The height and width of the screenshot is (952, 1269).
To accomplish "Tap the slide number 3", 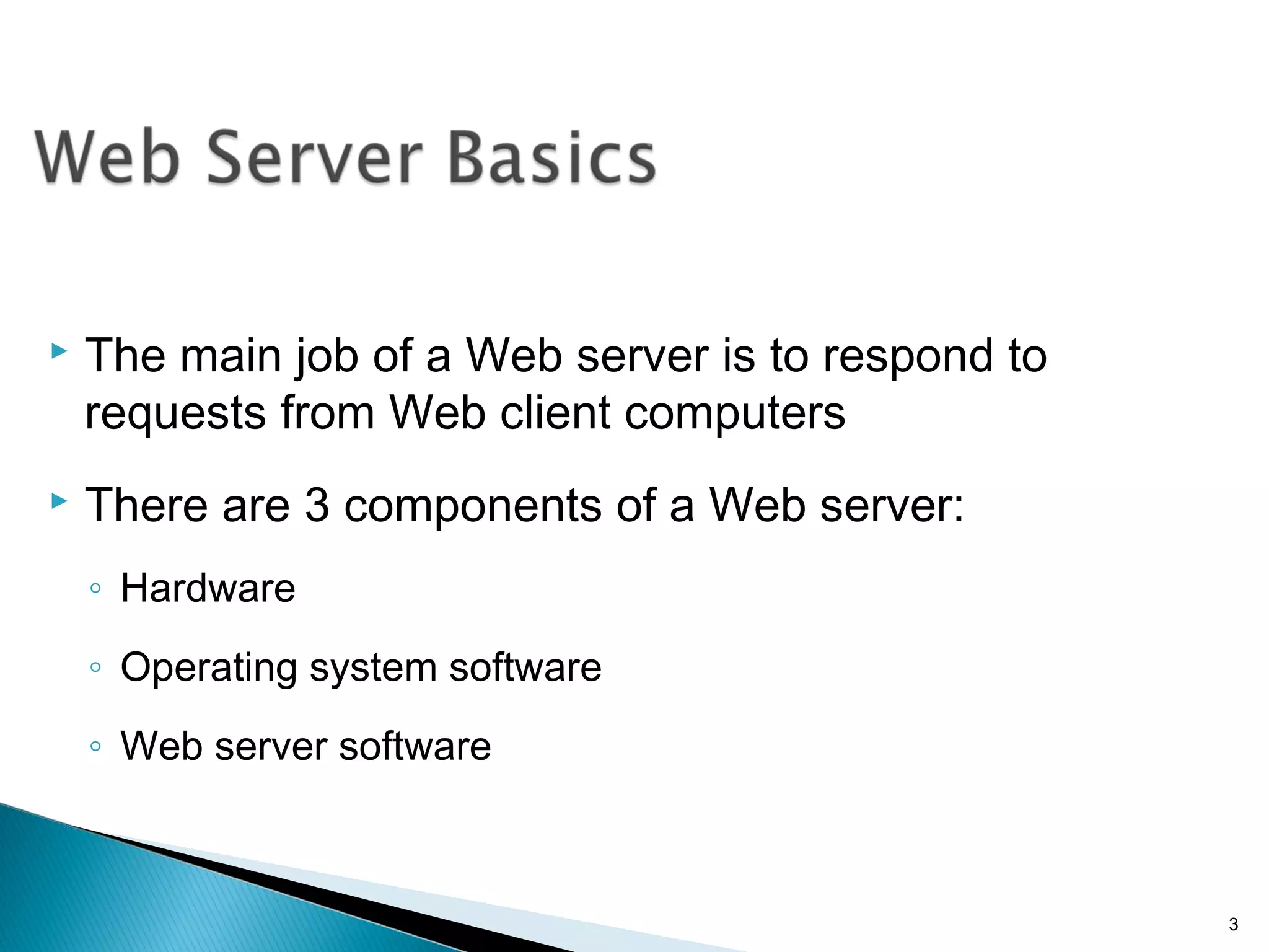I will pos(1233,925).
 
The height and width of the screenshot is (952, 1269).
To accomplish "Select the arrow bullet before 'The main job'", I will pos(59,351).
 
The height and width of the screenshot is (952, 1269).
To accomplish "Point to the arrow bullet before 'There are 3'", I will pos(59,500).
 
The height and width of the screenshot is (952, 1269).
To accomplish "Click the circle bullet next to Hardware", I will pos(95,588).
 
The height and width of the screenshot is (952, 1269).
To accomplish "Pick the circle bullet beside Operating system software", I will pos(95,668).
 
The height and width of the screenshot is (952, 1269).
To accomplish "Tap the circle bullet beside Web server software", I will pos(95,746).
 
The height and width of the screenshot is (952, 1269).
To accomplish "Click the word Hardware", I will pos(208,588).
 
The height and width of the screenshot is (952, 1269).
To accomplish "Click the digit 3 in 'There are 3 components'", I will pos(317,505).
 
